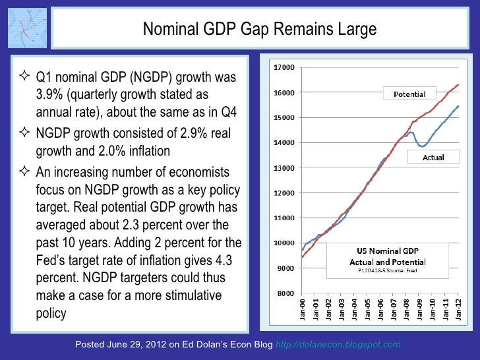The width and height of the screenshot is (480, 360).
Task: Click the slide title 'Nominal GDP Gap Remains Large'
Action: pyautogui.click(x=260, y=30)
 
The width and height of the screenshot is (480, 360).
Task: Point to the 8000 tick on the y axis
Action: pyautogui.click(x=285, y=293)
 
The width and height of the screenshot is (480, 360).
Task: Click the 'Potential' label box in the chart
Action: pyautogui.click(x=409, y=94)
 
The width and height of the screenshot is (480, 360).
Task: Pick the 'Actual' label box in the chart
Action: pyautogui.click(x=433, y=158)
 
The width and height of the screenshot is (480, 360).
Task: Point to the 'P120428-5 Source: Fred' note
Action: pyautogui.click(x=387, y=270)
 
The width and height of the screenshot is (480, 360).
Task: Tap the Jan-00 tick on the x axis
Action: pyautogui.click(x=302, y=309)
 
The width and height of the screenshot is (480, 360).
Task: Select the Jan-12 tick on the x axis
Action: pyautogui.click(x=459, y=309)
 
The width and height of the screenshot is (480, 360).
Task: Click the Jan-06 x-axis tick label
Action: pyautogui.click(x=380, y=309)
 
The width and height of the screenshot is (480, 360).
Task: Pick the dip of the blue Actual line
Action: pyautogui.click(x=422, y=146)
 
